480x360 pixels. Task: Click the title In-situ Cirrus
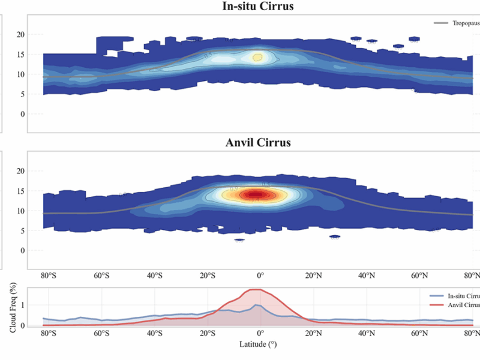point(262,7)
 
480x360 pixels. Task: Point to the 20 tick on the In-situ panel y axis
point(20,35)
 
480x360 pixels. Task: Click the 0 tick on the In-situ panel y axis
point(22,114)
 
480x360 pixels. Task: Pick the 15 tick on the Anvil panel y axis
point(20,191)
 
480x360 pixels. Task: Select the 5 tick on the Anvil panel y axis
point(22,231)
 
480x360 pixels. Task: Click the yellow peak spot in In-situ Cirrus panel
point(257,58)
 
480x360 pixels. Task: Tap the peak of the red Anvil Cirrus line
point(256,290)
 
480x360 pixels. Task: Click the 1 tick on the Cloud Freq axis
point(22,305)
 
